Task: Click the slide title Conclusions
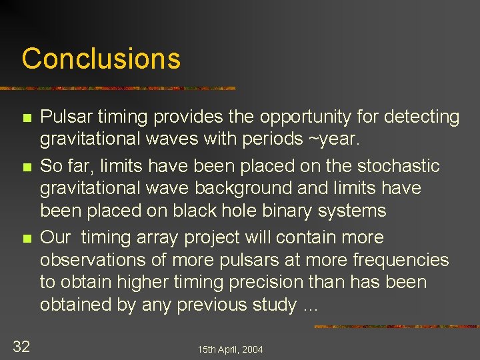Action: [101, 59]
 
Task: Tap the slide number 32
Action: [21, 345]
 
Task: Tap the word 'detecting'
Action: [419, 117]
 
